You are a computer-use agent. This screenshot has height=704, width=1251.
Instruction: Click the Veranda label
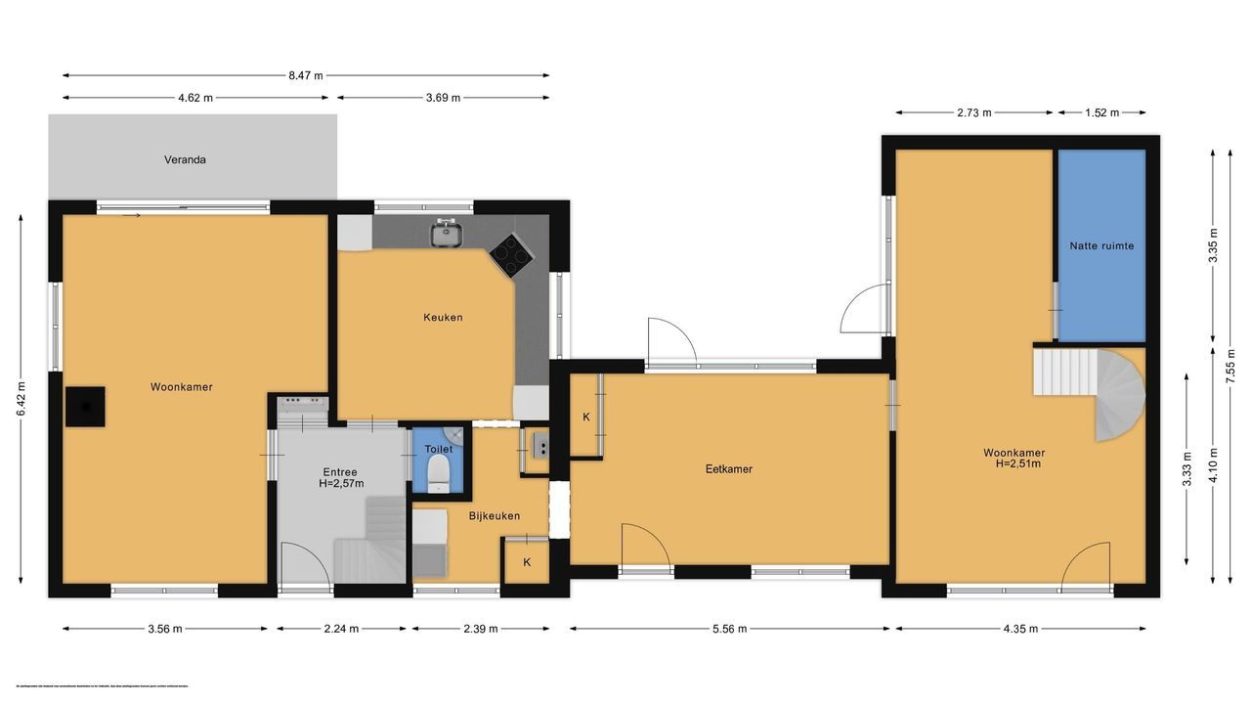185,159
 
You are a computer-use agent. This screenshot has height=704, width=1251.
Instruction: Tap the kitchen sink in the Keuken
447,233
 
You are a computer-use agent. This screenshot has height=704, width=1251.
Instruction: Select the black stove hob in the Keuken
511,255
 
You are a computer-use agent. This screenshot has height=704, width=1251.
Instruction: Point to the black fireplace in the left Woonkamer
85,406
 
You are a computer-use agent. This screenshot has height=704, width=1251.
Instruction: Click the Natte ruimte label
1101,246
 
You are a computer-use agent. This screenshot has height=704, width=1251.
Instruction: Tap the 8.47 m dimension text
305,74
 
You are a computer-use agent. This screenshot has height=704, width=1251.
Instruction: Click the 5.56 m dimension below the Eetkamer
729,629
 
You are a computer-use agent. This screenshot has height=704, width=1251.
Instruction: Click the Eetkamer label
729,469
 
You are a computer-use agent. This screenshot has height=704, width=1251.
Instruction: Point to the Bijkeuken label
495,516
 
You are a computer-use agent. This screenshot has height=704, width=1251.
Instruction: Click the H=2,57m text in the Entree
341,483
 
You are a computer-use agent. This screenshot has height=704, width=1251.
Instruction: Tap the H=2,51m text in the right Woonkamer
1014,463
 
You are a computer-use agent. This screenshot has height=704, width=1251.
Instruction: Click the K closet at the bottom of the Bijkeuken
527,562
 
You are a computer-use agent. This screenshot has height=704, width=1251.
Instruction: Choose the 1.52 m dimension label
1100,112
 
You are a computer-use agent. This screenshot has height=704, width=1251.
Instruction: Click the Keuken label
443,318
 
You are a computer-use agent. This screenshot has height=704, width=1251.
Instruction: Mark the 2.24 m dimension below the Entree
341,629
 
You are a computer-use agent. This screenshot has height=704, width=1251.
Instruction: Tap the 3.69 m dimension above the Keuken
442,98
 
